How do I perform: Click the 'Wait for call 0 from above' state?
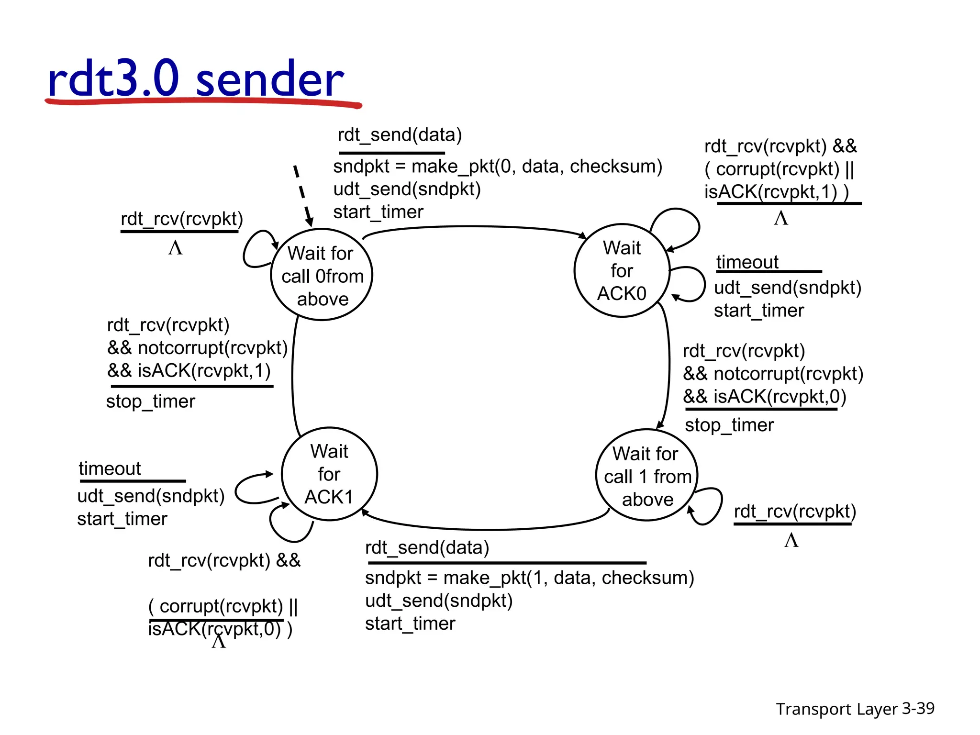point(322,275)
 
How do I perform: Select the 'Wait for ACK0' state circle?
point(621,270)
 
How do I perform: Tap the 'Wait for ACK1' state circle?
point(329,474)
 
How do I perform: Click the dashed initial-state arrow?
point(302,195)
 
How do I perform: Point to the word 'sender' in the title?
point(269,79)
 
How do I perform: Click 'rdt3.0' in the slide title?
point(113,79)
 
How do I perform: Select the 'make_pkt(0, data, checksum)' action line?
point(498,167)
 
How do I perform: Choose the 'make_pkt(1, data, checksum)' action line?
point(529,578)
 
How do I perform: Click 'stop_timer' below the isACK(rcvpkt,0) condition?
point(729,425)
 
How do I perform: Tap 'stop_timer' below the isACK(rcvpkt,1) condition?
point(151,401)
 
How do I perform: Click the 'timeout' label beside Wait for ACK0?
point(747,262)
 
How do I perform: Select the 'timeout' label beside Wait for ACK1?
point(110,468)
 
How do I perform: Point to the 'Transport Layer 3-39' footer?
point(855,709)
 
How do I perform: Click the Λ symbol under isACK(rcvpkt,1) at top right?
point(781,218)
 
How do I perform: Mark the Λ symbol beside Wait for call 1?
point(791,540)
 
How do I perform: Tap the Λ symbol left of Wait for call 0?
point(176,248)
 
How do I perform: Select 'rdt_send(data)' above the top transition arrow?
point(400,135)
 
